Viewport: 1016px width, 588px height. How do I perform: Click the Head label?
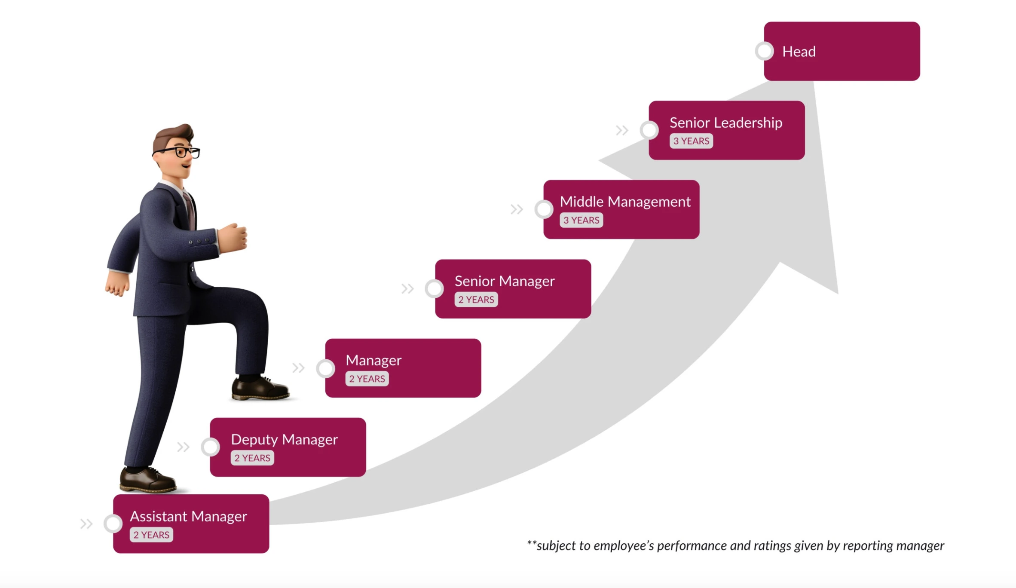click(x=799, y=52)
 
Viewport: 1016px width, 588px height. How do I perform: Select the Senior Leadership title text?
click(x=725, y=123)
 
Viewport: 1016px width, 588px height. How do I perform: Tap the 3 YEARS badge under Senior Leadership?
click(x=691, y=141)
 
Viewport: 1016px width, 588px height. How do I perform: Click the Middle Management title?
click(x=625, y=202)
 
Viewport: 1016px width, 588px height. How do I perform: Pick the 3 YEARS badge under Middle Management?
click(x=581, y=220)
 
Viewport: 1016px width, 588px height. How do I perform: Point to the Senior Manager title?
click(x=505, y=281)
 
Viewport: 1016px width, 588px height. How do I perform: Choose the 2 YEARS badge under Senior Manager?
click(x=476, y=300)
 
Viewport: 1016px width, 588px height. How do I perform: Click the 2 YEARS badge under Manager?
click(x=367, y=379)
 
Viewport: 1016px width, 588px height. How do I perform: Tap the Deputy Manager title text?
click(x=284, y=439)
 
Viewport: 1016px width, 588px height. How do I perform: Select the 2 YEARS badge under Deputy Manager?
click(x=252, y=458)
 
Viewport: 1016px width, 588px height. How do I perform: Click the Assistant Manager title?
click(x=188, y=516)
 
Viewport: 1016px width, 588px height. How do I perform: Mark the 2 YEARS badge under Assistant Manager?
click(x=151, y=535)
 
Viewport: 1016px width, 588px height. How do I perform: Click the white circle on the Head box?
click(x=765, y=51)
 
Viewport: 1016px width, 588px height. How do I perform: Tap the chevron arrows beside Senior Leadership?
click(x=622, y=130)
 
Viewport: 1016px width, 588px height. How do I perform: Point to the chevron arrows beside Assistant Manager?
click(x=86, y=524)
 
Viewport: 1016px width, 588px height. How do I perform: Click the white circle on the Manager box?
click(x=326, y=368)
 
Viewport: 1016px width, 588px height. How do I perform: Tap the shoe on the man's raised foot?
click(x=259, y=388)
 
